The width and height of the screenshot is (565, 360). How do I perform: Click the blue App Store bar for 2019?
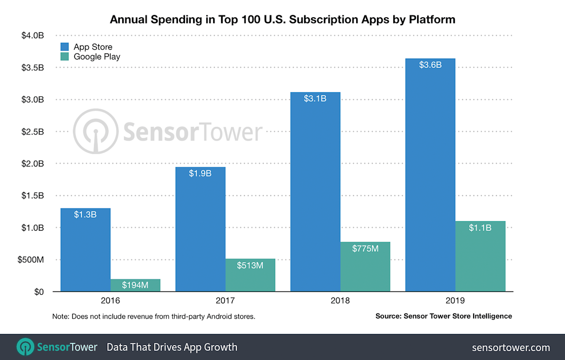point(430,177)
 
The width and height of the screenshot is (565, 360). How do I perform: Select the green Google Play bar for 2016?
point(135,285)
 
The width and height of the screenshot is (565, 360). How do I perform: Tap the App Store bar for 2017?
point(200,230)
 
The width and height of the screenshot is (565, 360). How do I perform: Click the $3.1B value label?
point(315,99)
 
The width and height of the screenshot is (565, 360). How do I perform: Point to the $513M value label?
point(250,265)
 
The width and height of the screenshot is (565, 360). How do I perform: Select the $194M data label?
point(135,285)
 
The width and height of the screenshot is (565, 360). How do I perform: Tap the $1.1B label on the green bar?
point(480,228)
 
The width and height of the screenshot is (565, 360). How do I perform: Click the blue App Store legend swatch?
point(65,47)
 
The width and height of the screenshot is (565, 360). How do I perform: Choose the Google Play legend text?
point(97,57)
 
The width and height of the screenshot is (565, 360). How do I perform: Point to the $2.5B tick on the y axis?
point(33,132)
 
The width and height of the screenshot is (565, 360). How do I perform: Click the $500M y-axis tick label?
point(30,260)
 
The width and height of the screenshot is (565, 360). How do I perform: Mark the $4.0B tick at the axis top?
point(33,36)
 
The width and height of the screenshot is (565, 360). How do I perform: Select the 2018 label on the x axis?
point(340,301)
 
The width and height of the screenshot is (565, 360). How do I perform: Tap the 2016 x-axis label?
point(110,301)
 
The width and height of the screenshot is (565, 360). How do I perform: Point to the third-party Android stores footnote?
point(154,316)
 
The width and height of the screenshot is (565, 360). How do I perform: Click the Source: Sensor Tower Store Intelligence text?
point(444,316)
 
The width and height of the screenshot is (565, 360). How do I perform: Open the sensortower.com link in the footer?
point(511,348)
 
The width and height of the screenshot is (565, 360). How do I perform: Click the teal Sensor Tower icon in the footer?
point(25,347)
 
